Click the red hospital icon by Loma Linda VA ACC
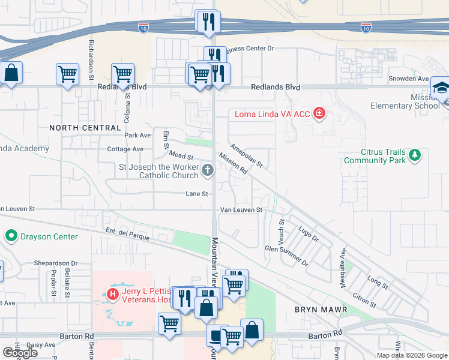coord(319,113)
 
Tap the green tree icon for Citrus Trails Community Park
coord(415,156)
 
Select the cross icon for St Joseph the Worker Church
coord(208,171)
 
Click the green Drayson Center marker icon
coord(11,236)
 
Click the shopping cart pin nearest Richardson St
coord(67,74)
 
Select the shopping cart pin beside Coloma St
coord(122,74)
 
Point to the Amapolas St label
coord(247,155)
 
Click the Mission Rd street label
coord(234,163)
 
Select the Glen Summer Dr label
coord(286,256)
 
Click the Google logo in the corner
coord(20,353)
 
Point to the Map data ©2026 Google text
coord(411,355)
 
